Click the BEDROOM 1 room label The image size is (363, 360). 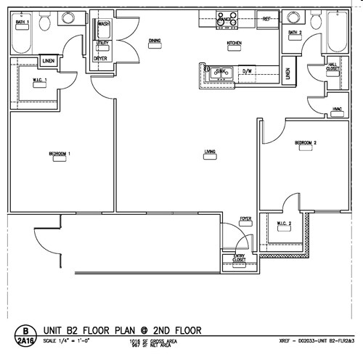pyautogui.click(x=58, y=153)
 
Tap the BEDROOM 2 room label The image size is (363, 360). pyautogui.click(x=306, y=143)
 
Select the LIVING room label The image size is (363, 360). pyautogui.click(x=210, y=152)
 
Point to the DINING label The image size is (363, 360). pyautogui.click(x=155, y=41)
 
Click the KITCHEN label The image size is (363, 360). pyautogui.click(x=234, y=44)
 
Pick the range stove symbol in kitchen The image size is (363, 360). pyautogui.click(x=225, y=20)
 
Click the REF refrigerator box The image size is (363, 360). pyautogui.click(x=266, y=18)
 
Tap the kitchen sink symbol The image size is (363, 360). pyautogui.click(x=220, y=72)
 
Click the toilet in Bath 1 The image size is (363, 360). pyautogui.click(x=45, y=25)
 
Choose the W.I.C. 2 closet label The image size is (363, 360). pyautogui.click(x=284, y=224)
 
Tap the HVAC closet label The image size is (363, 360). pyautogui.click(x=337, y=109)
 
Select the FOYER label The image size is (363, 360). pyautogui.click(x=246, y=218)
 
